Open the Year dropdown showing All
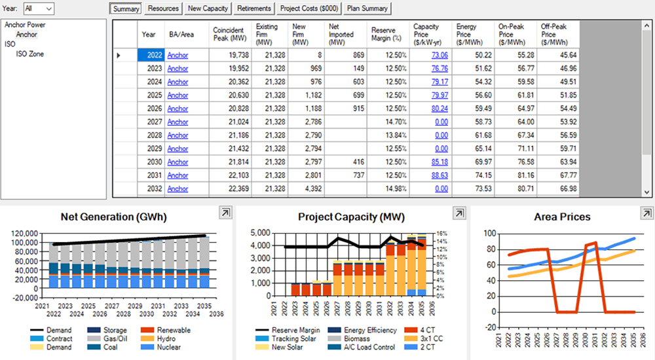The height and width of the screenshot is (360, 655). (x=39, y=9)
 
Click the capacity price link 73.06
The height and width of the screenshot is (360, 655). (x=440, y=55)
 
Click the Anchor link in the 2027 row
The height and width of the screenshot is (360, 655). (x=178, y=122)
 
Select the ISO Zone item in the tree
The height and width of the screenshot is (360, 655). (x=30, y=54)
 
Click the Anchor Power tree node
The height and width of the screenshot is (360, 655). (x=25, y=25)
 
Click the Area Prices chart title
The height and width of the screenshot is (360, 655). (x=562, y=217)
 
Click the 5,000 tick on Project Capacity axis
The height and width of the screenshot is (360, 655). (x=260, y=233)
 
